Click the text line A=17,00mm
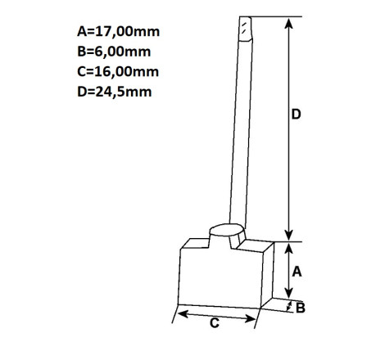point(118,32)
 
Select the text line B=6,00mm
point(114,52)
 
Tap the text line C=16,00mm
point(118,72)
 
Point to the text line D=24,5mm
point(115,92)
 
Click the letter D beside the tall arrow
point(296,115)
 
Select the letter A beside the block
point(297,272)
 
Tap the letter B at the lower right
point(301,308)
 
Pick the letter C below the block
point(215,323)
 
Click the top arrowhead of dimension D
point(288,24)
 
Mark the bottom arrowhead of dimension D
point(288,236)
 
